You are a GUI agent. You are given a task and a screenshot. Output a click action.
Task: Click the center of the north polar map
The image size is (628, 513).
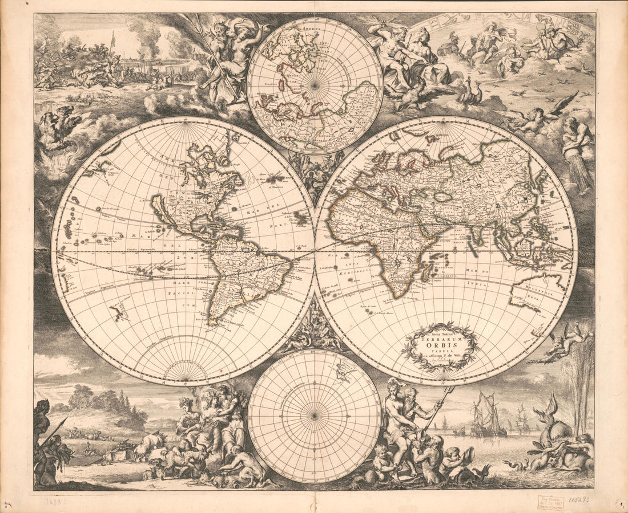pyautogui.click(x=315, y=85)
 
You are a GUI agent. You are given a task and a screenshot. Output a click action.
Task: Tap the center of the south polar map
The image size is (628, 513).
pyautogui.click(x=315, y=416)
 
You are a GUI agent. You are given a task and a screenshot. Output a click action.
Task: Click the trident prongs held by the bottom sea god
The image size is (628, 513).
pyautogui.click(x=449, y=392)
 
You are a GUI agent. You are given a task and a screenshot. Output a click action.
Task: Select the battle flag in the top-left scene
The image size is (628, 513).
pyautogui.click(x=112, y=40)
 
